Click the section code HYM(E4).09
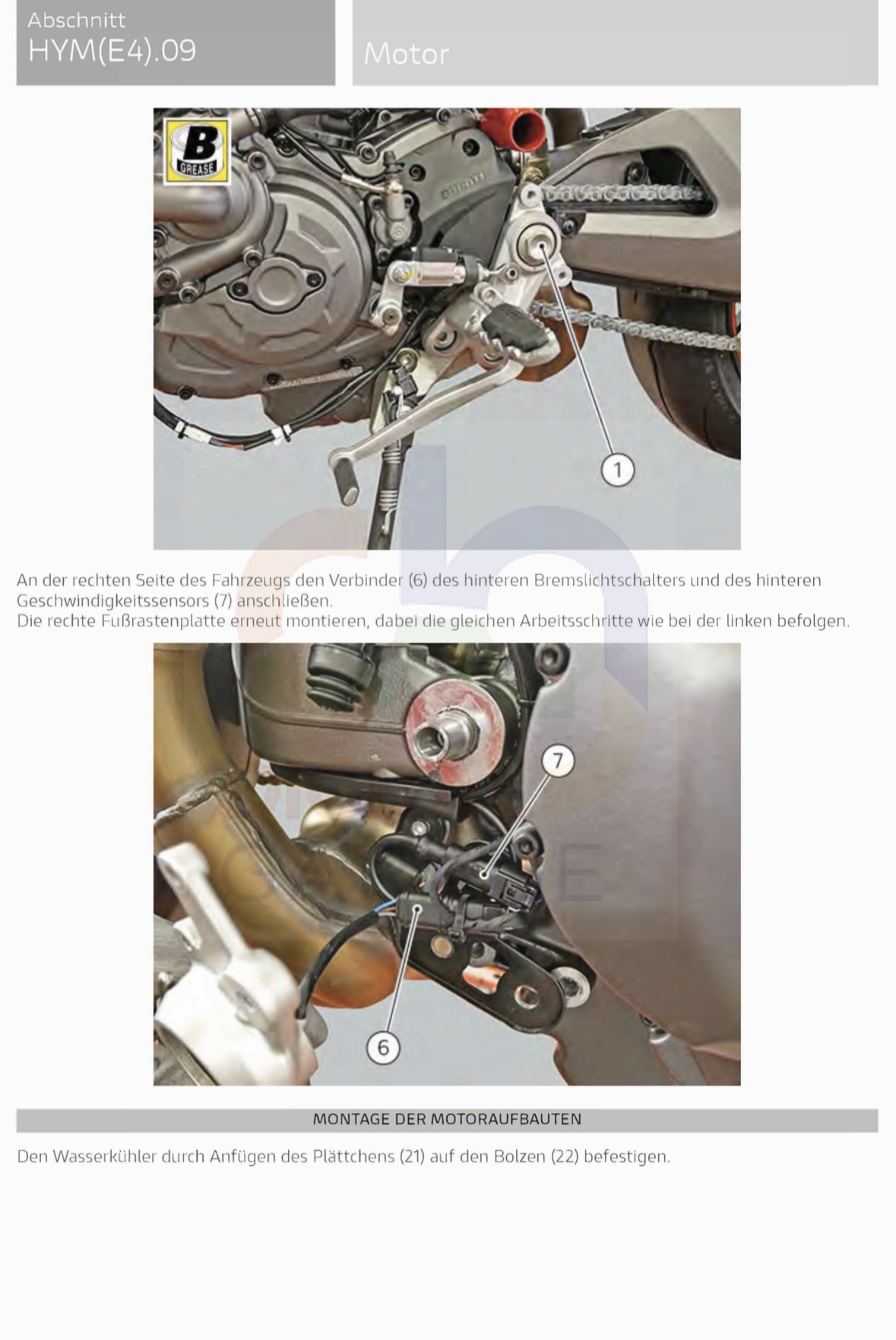pyautogui.click(x=112, y=50)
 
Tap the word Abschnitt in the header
pyautogui.click(x=77, y=19)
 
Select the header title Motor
pyautogui.click(x=406, y=54)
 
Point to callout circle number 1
pyautogui.click(x=617, y=470)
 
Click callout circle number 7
pyautogui.click(x=558, y=760)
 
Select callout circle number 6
pyautogui.click(x=383, y=1047)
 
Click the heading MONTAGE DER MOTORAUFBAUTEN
pyautogui.click(x=447, y=1119)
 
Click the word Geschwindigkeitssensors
pyautogui.click(x=112, y=600)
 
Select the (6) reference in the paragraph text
pyautogui.click(x=418, y=580)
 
